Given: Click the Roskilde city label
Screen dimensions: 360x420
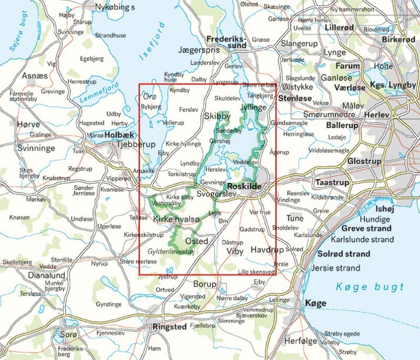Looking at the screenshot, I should click(244, 186).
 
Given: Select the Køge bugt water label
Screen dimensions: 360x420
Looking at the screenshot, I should click(370, 287).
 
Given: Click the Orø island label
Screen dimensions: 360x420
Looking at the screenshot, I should click(149, 96).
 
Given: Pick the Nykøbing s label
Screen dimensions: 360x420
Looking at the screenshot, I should click(114, 7).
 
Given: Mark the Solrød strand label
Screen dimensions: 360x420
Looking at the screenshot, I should click(344, 254).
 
